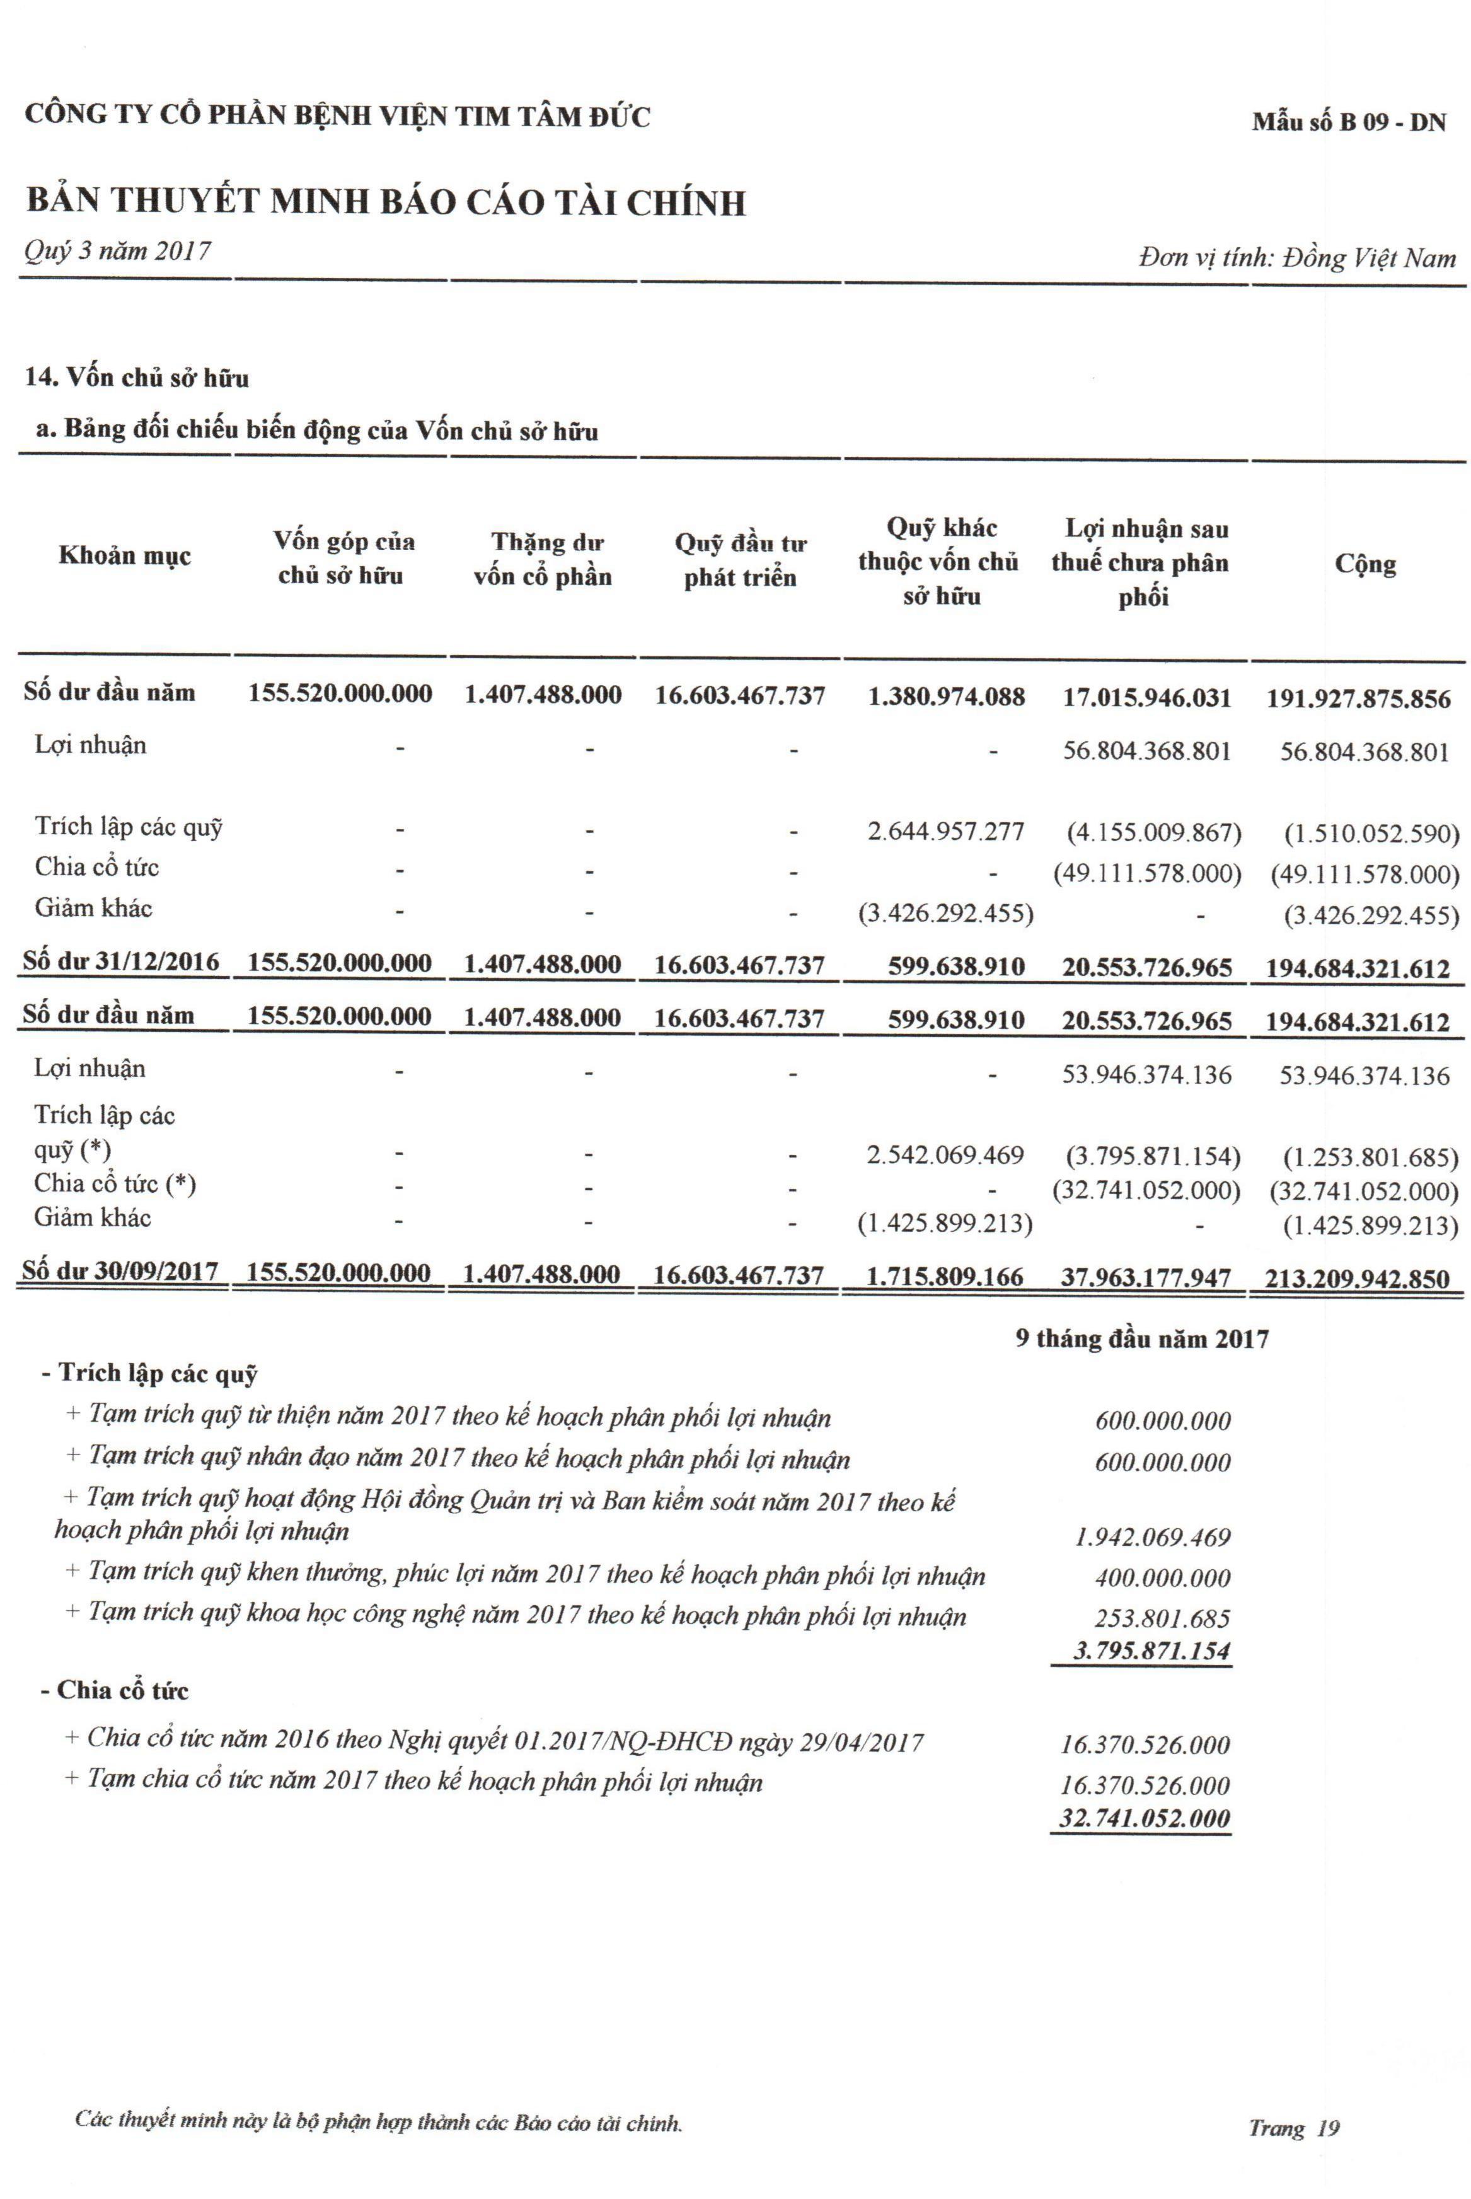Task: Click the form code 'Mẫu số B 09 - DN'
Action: [1348, 122]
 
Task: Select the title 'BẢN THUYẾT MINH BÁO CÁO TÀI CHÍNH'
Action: [386, 202]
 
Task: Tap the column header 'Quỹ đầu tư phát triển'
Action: [740, 560]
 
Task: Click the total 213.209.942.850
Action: [1358, 1278]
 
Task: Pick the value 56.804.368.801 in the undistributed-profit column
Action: [1146, 750]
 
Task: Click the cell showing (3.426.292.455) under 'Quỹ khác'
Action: [945, 914]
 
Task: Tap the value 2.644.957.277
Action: [945, 831]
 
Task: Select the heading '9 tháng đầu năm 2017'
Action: [1142, 1338]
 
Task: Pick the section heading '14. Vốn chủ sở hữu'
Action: [137, 378]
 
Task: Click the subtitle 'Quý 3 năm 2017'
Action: [117, 250]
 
